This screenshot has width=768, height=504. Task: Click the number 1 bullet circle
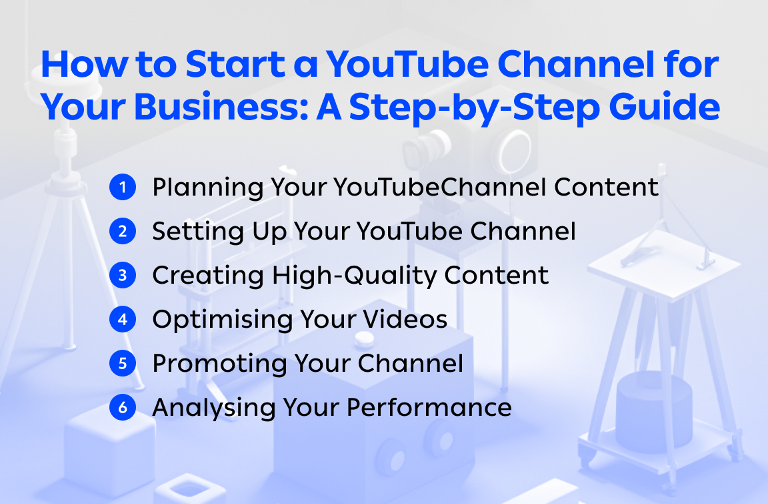click(x=122, y=188)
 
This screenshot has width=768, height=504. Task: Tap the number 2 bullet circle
click(x=122, y=232)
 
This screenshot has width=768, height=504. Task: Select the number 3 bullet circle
click(x=122, y=276)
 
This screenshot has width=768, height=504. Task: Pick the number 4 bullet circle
click(x=122, y=319)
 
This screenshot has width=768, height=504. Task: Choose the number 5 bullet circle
click(x=122, y=363)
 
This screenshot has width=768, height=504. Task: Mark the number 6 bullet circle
click(x=122, y=407)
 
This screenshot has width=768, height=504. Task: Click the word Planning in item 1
click(x=207, y=188)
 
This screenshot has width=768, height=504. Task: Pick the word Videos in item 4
click(x=406, y=319)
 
